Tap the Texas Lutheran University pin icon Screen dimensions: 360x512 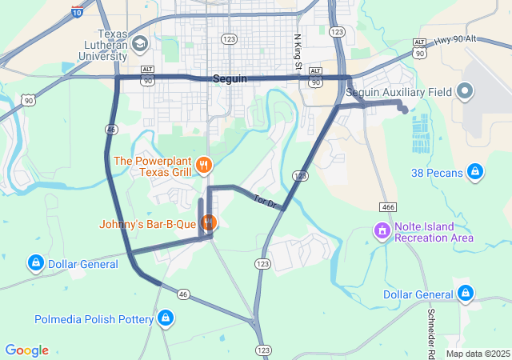(x=141, y=42)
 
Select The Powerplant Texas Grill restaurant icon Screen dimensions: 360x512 (x=204, y=166)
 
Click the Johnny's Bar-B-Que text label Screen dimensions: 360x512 (x=148, y=224)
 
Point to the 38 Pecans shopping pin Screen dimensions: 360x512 (x=475, y=172)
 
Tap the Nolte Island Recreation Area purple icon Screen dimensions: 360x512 (x=382, y=231)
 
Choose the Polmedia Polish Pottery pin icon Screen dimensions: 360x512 (x=166, y=318)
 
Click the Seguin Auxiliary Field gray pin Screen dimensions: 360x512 (x=466, y=92)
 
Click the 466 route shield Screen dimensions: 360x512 (x=388, y=206)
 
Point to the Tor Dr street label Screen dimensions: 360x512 (x=264, y=201)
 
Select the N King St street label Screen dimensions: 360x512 (x=298, y=50)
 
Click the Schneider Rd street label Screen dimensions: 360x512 (x=431, y=331)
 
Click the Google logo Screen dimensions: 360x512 (x=26, y=350)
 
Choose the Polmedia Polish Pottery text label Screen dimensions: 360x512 (x=94, y=319)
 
